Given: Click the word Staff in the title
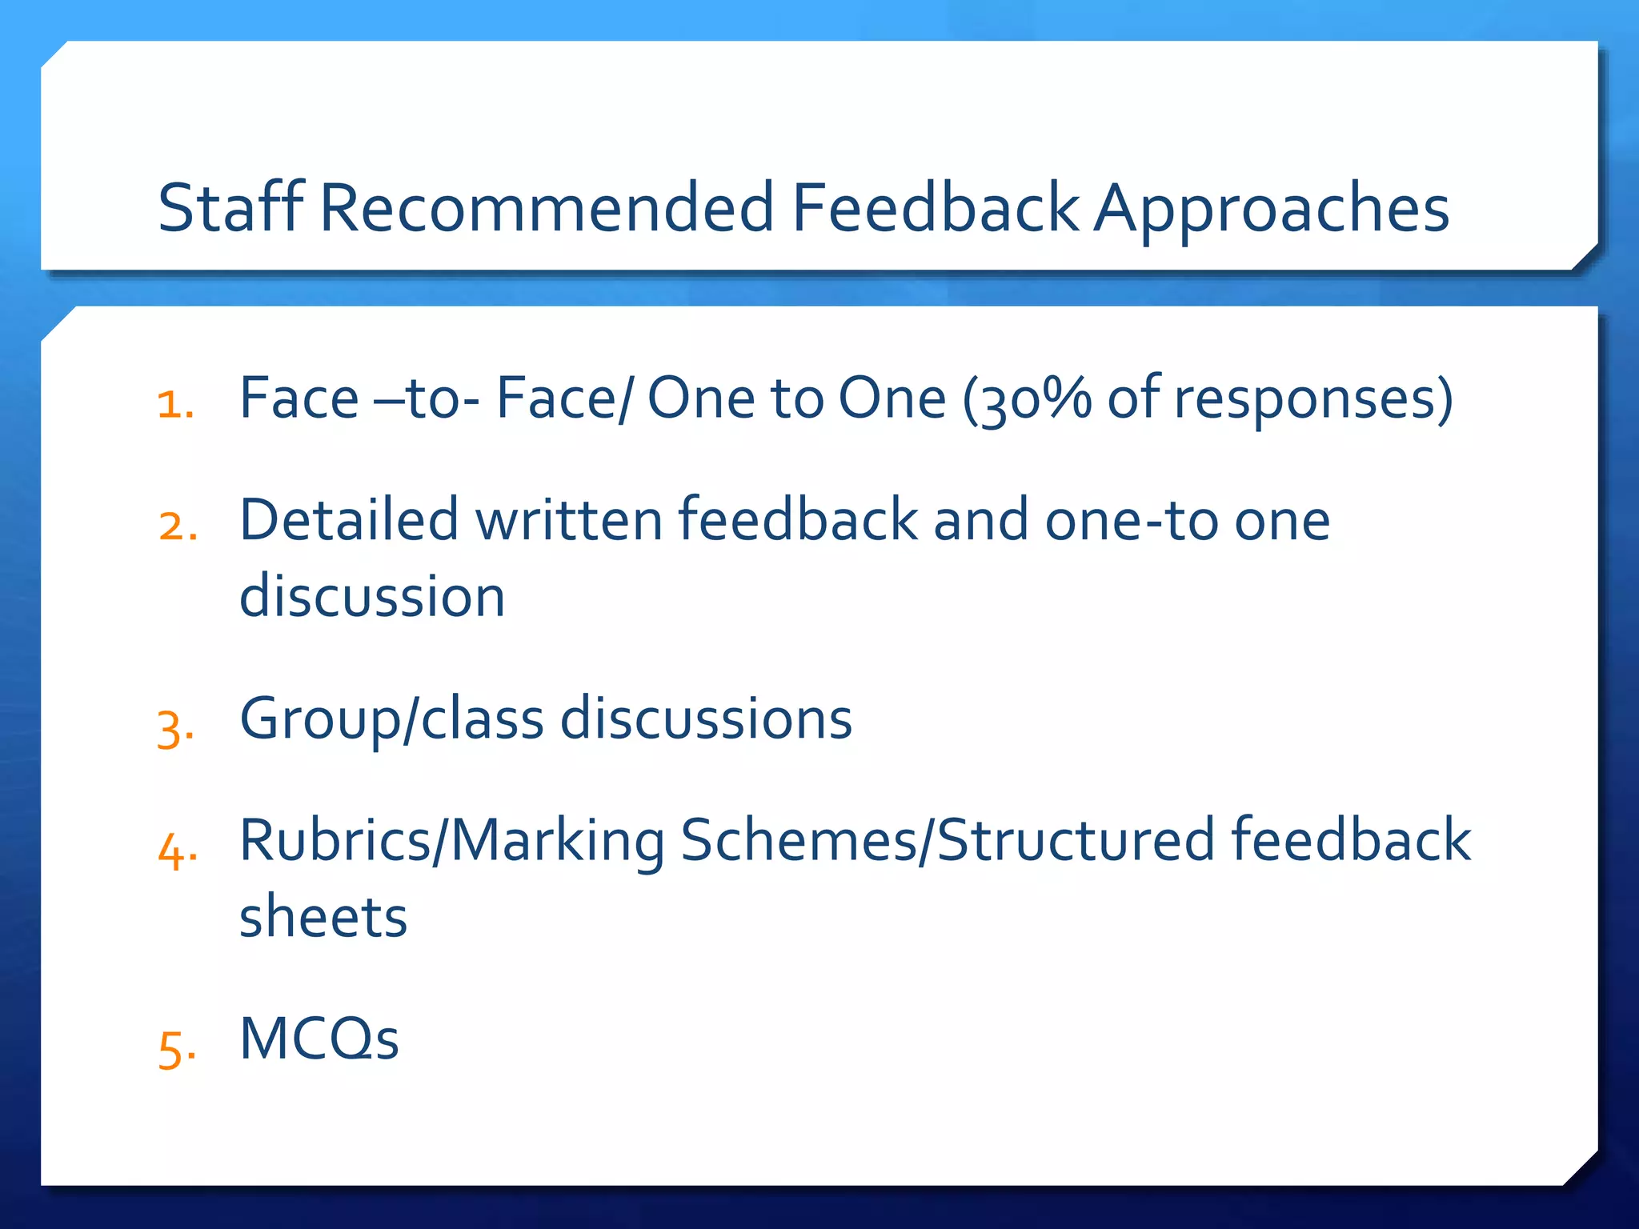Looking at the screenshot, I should point(230,208).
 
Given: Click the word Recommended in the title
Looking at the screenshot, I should point(547,208).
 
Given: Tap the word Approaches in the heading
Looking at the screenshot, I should point(1272,210).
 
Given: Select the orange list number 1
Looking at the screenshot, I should point(175,404).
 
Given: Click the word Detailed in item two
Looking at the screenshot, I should point(350,520).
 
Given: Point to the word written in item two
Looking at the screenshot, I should point(569,520).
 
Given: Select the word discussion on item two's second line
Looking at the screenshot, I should point(372,597).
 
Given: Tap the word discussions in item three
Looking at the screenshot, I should point(706,719).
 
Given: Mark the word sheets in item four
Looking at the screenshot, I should point(323,917).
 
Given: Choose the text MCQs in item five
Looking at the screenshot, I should point(319,1039).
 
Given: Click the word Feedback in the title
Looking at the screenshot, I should point(936,208).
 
